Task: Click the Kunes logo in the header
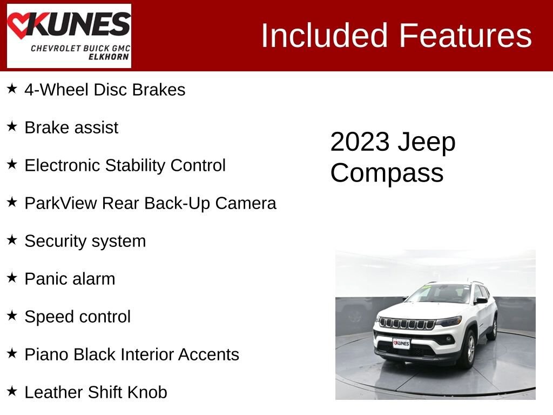[69, 36]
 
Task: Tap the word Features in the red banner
[466, 36]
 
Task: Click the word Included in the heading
[325, 36]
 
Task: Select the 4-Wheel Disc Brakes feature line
[105, 90]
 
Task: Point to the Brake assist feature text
[71, 128]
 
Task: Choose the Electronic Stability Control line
[125, 165]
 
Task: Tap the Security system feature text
[85, 241]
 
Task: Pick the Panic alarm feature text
[70, 279]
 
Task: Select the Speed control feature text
[77, 317]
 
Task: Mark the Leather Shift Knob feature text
[96, 392]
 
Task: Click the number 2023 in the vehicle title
[360, 142]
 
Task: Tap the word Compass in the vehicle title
[387, 173]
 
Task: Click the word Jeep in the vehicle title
[427, 142]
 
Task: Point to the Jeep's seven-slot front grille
[407, 324]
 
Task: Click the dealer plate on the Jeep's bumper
[401, 343]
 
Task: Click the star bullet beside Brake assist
[12, 126]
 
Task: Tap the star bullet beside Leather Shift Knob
[12, 391]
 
